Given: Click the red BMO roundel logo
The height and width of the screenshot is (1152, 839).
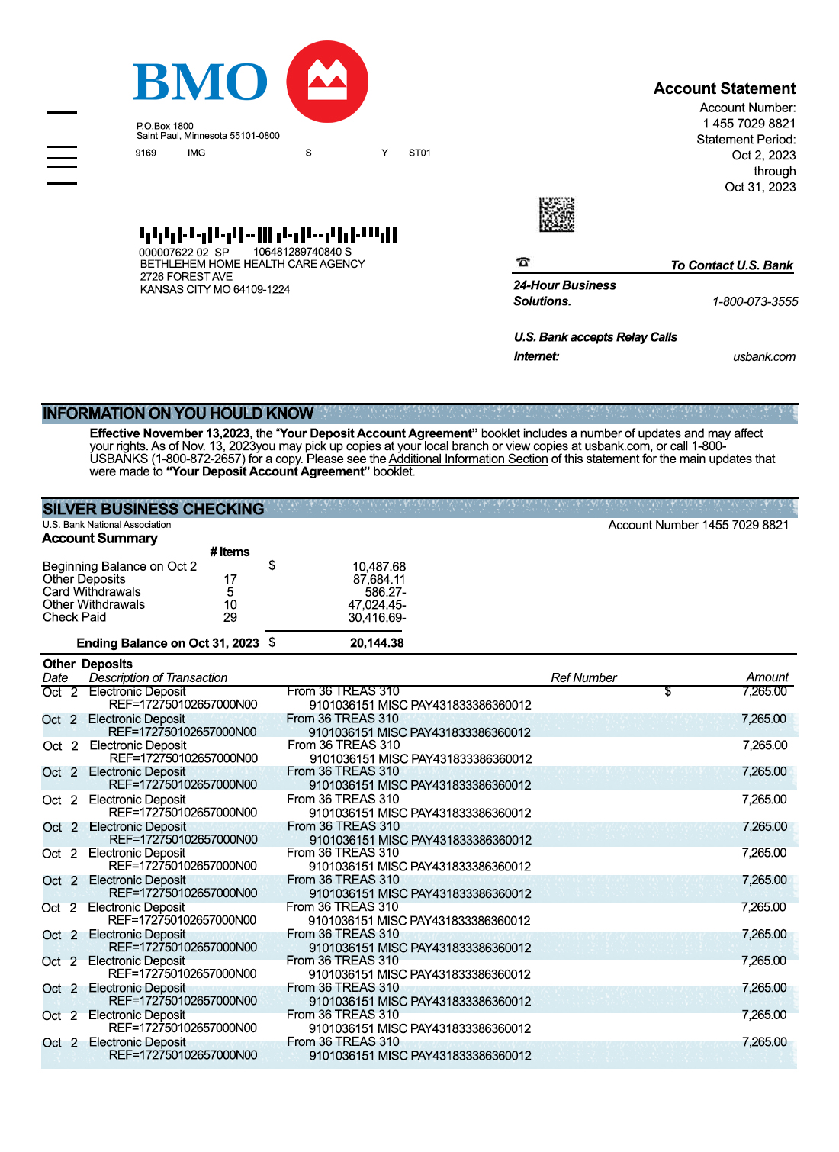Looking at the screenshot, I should (327, 82).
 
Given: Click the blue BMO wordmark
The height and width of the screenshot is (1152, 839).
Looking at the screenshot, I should (200, 82).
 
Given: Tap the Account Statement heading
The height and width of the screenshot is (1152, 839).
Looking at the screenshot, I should (724, 88).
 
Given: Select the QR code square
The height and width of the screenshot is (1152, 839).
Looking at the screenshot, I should (557, 214).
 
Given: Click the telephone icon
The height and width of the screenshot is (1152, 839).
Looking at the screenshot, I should (522, 262).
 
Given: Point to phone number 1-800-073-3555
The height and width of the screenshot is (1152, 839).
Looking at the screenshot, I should (754, 301).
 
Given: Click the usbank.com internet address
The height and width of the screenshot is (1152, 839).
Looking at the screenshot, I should (763, 356).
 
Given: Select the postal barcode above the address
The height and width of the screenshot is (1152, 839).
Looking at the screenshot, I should (268, 234).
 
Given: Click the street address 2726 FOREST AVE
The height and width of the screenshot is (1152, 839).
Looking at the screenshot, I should (186, 277).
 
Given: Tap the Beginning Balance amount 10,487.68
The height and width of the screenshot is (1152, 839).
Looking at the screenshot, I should (378, 567).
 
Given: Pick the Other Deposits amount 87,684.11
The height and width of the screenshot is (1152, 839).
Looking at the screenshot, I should (378, 580).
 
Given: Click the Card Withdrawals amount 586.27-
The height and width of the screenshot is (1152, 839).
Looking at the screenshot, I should (385, 592).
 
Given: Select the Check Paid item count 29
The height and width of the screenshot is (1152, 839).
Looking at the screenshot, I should (230, 617).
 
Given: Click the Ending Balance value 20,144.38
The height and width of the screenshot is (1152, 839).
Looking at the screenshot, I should (377, 643).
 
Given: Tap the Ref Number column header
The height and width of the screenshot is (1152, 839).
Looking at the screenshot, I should (583, 677).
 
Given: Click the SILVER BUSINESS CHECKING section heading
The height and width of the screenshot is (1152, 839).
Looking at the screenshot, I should (153, 509).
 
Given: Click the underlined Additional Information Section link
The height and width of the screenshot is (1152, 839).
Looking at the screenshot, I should (468, 459).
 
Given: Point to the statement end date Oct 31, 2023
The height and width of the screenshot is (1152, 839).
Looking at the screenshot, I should (760, 187).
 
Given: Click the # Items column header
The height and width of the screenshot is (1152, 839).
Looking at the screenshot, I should (230, 552).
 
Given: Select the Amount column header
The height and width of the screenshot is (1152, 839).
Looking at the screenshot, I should (767, 677).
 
